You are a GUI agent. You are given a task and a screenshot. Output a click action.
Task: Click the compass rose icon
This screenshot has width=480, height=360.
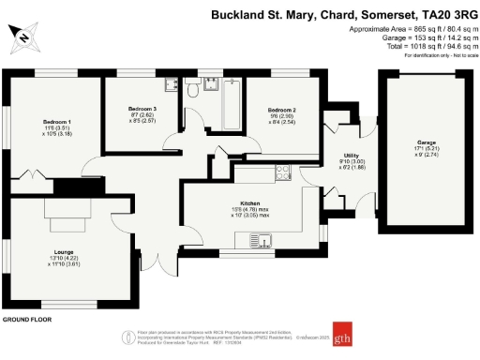24,38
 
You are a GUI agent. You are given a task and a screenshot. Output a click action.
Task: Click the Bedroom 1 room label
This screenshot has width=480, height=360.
56,121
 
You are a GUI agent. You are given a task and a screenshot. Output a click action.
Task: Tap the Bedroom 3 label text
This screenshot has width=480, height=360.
142,110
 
